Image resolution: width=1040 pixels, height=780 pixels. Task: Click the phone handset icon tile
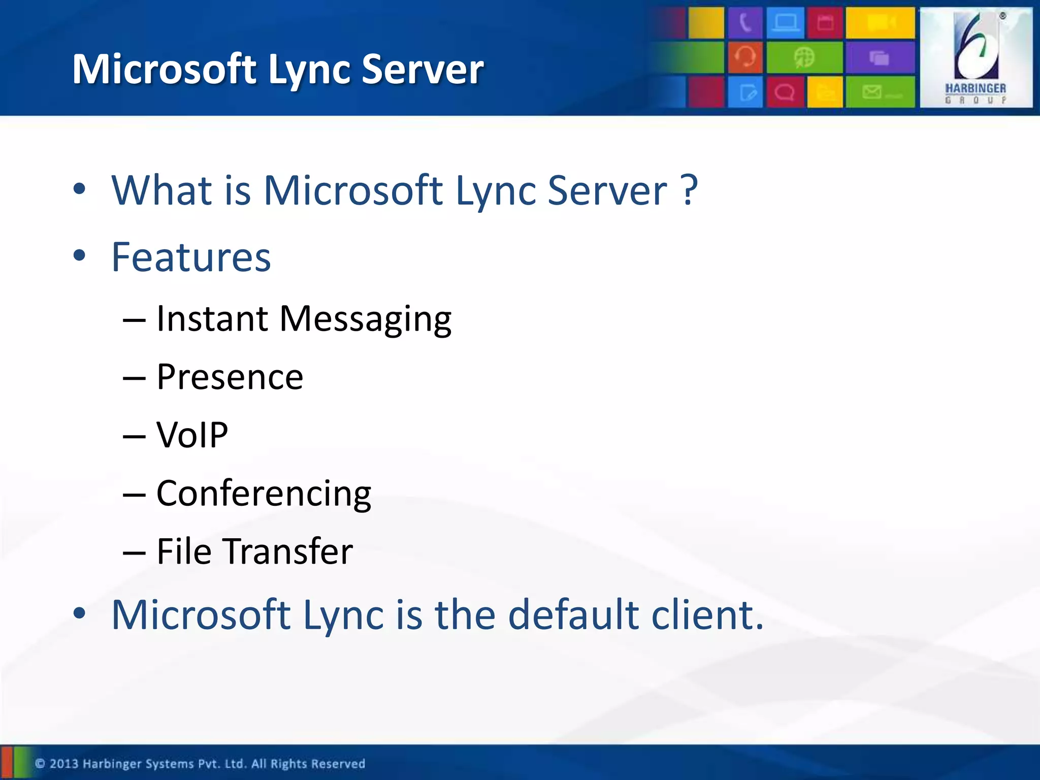[x=744, y=23]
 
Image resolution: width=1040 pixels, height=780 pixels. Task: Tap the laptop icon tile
[x=785, y=23]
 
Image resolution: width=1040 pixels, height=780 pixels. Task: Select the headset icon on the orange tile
[x=745, y=57]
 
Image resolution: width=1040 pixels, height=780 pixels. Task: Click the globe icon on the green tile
[x=804, y=57]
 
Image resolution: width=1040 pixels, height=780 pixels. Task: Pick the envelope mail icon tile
[x=880, y=92]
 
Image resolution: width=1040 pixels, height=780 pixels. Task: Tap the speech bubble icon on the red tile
[x=785, y=93]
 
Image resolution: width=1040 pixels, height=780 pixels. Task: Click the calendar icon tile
[x=825, y=23]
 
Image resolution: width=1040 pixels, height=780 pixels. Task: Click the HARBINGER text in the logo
[x=975, y=88]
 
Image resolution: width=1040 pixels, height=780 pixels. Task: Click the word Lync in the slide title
[x=310, y=70]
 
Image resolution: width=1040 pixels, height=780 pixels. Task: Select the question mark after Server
[x=689, y=190]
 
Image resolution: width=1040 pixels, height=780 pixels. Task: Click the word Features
[x=191, y=257]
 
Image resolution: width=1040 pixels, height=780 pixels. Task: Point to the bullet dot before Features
[x=79, y=255]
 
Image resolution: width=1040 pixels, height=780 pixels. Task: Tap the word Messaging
[x=365, y=319]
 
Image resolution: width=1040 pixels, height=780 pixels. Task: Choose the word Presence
[x=230, y=377]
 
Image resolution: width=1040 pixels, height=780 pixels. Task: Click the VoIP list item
[x=192, y=435]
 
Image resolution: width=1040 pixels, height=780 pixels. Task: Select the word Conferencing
[x=264, y=494]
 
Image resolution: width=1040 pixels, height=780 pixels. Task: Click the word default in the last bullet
[x=573, y=614]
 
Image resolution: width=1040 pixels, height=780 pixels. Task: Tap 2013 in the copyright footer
[x=63, y=764]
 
